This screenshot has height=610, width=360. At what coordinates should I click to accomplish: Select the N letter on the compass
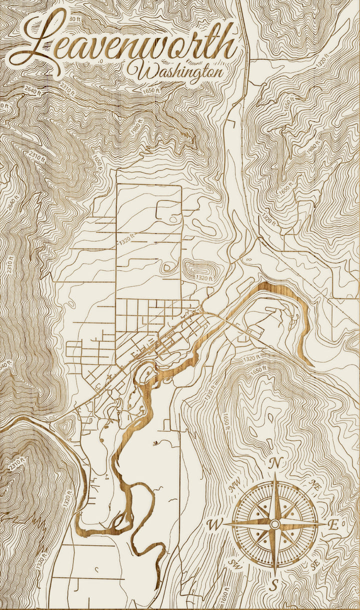[x=274, y=463]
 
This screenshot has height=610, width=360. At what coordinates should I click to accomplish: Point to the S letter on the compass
[x=274, y=583]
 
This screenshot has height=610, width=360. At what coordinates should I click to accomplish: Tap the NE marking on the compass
[x=314, y=484]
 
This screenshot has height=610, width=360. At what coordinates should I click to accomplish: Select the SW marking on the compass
[x=233, y=564]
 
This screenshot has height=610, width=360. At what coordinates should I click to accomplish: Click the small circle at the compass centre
[x=274, y=523]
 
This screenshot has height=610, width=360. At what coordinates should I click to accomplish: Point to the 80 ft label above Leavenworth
[x=75, y=18]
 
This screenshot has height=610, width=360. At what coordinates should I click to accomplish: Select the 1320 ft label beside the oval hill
[x=203, y=277]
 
